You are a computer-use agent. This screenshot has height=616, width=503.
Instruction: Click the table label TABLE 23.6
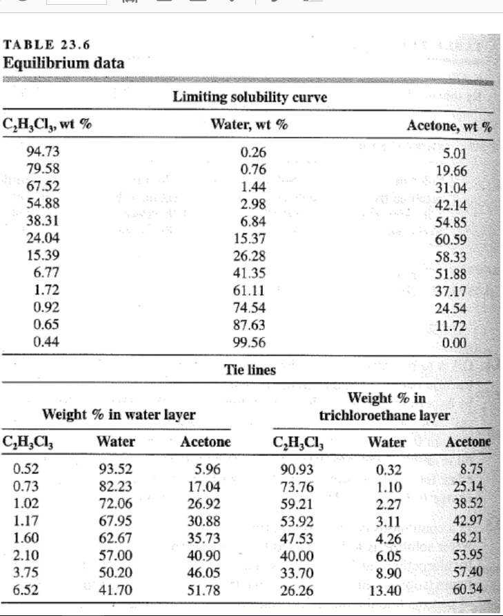click(x=47, y=46)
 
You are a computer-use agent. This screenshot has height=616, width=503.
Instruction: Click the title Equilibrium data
click(x=64, y=63)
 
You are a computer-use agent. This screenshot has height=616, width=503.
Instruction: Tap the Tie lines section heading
click(x=250, y=370)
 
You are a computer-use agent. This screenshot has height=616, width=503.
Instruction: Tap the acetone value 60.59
click(x=452, y=239)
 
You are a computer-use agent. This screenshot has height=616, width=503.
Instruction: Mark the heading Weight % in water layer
click(x=119, y=415)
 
